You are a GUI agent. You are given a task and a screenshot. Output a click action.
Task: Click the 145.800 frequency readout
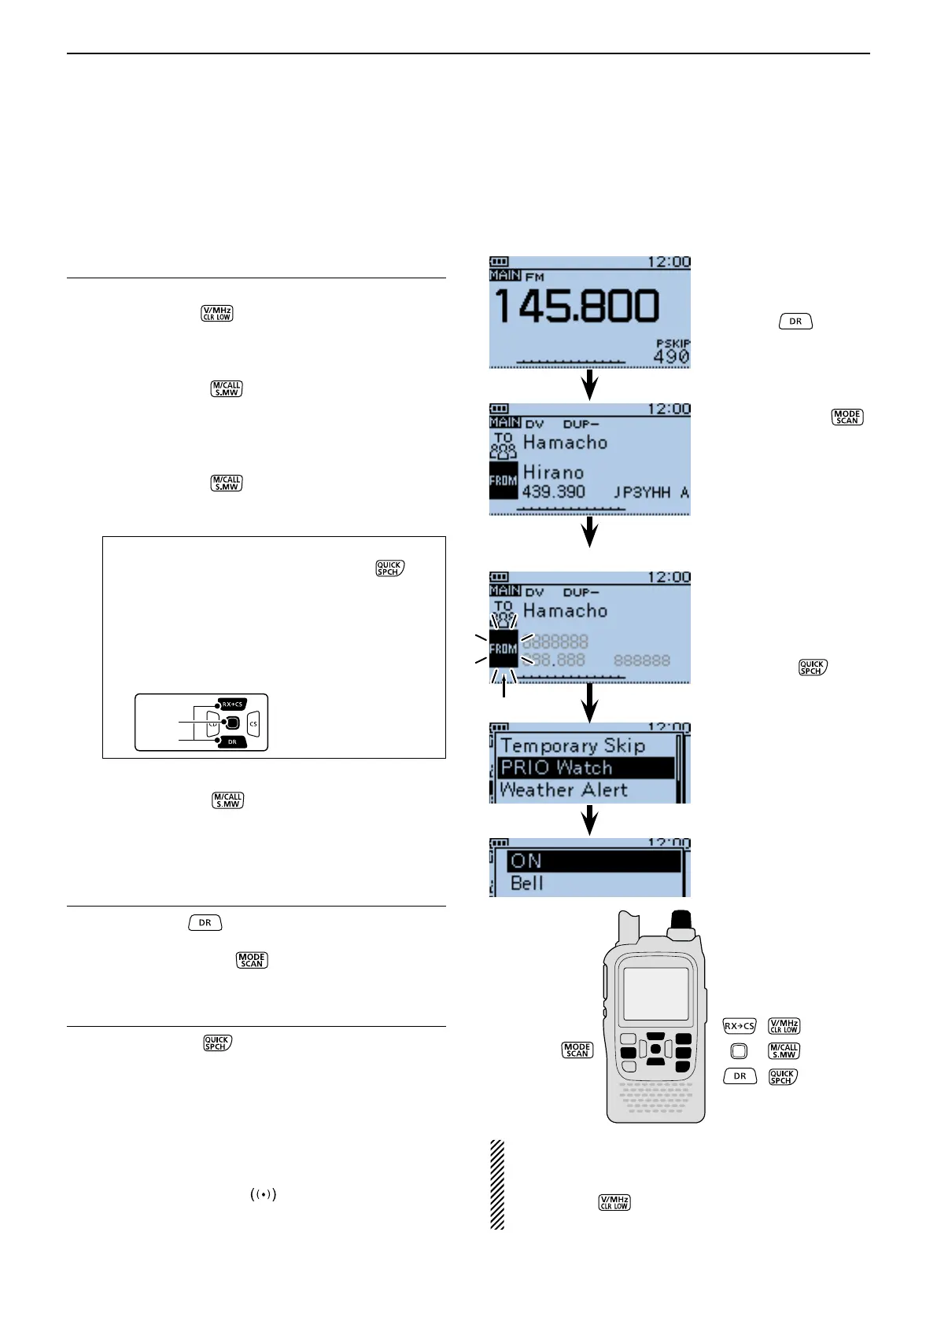click(x=576, y=307)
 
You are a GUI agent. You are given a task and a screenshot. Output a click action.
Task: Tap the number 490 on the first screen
click(x=671, y=357)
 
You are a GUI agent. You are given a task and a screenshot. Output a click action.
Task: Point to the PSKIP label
click(x=673, y=344)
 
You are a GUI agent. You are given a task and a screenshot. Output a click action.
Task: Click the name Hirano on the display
click(x=553, y=473)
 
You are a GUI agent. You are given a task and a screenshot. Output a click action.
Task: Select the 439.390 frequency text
click(x=553, y=492)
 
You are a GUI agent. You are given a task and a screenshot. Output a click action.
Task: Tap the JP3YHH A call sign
click(x=651, y=493)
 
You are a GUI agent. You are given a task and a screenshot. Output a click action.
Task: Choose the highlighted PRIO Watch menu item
click(x=586, y=768)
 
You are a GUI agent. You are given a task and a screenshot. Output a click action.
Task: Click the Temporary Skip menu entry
click(x=573, y=745)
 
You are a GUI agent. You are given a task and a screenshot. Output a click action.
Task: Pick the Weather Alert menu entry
click(x=563, y=790)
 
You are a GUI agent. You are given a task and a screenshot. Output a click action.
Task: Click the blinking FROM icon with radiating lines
click(x=504, y=649)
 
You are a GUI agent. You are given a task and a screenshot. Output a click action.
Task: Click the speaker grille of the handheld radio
click(x=655, y=1098)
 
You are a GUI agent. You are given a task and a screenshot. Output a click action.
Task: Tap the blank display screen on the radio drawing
click(x=655, y=994)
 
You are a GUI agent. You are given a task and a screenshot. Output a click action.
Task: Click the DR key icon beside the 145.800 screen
click(x=795, y=322)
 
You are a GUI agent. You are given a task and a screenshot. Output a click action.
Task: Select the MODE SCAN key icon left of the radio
click(x=577, y=1050)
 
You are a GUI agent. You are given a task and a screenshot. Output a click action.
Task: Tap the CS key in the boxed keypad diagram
click(x=253, y=723)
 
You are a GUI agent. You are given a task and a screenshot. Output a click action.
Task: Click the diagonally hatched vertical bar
click(x=497, y=1184)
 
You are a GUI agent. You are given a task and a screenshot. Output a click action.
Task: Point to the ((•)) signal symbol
click(x=264, y=1194)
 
